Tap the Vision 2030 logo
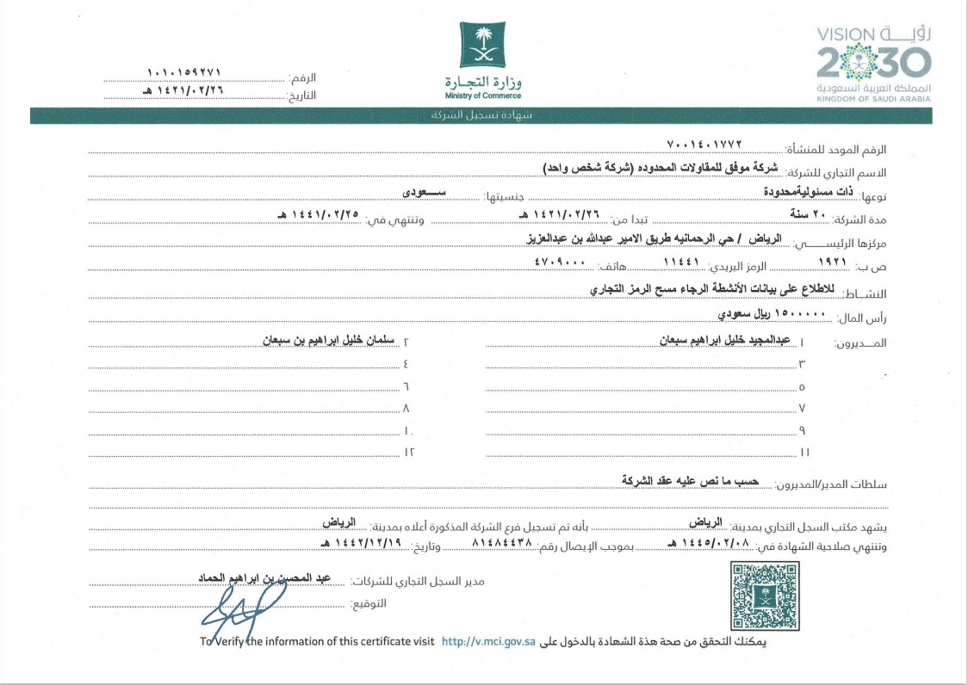pos(873,62)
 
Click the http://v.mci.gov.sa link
pos(488,641)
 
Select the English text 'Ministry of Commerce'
pos(483,96)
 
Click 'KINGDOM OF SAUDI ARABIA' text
pos(873,99)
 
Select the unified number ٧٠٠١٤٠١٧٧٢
pos(704,143)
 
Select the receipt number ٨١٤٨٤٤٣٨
pos(502,545)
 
